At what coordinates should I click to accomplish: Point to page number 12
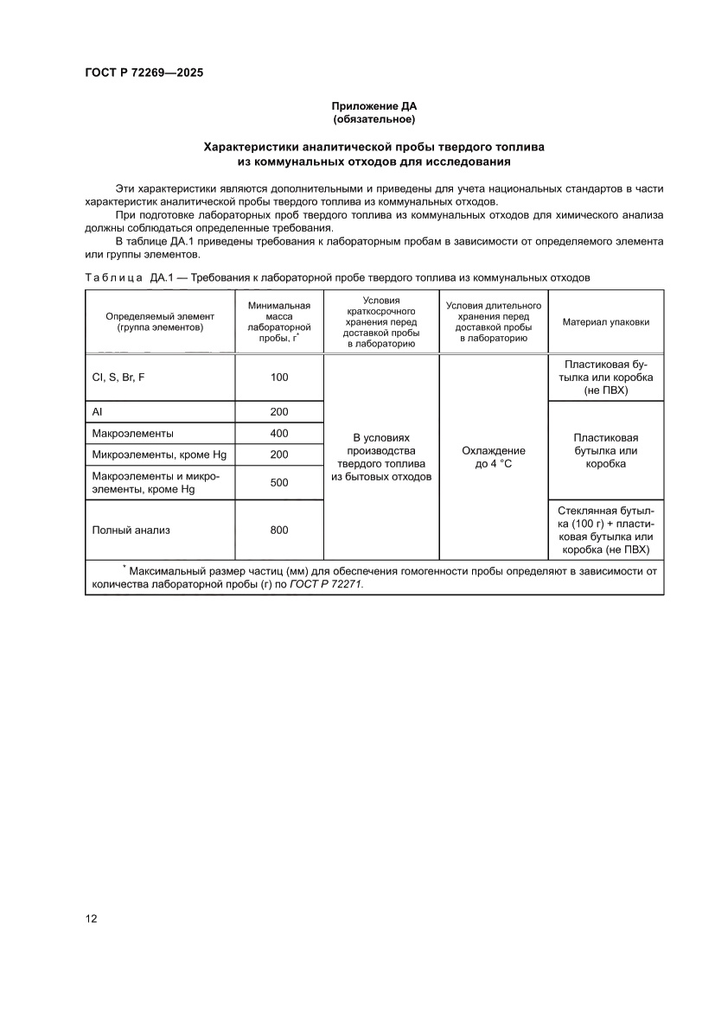coord(91,918)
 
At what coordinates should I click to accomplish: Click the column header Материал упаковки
coord(605,321)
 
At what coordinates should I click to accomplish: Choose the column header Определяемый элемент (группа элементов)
coord(160,321)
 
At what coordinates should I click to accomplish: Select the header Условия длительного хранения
coord(493,321)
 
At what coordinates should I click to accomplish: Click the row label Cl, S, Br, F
coord(118,378)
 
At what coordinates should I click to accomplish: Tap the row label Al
coord(98,412)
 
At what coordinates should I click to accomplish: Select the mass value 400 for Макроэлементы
coord(278,434)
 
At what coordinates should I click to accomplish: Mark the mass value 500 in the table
coord(278,482)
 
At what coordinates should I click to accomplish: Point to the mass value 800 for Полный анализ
coord(278,530)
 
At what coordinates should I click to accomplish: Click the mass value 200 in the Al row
coord(278,412)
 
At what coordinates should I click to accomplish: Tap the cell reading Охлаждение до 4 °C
coord(493,457)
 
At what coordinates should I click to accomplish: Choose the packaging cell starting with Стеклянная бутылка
coord(605,530)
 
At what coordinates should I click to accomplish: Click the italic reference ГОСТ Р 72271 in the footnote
coord(326,584)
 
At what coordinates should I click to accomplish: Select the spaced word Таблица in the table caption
coord(113,277)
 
